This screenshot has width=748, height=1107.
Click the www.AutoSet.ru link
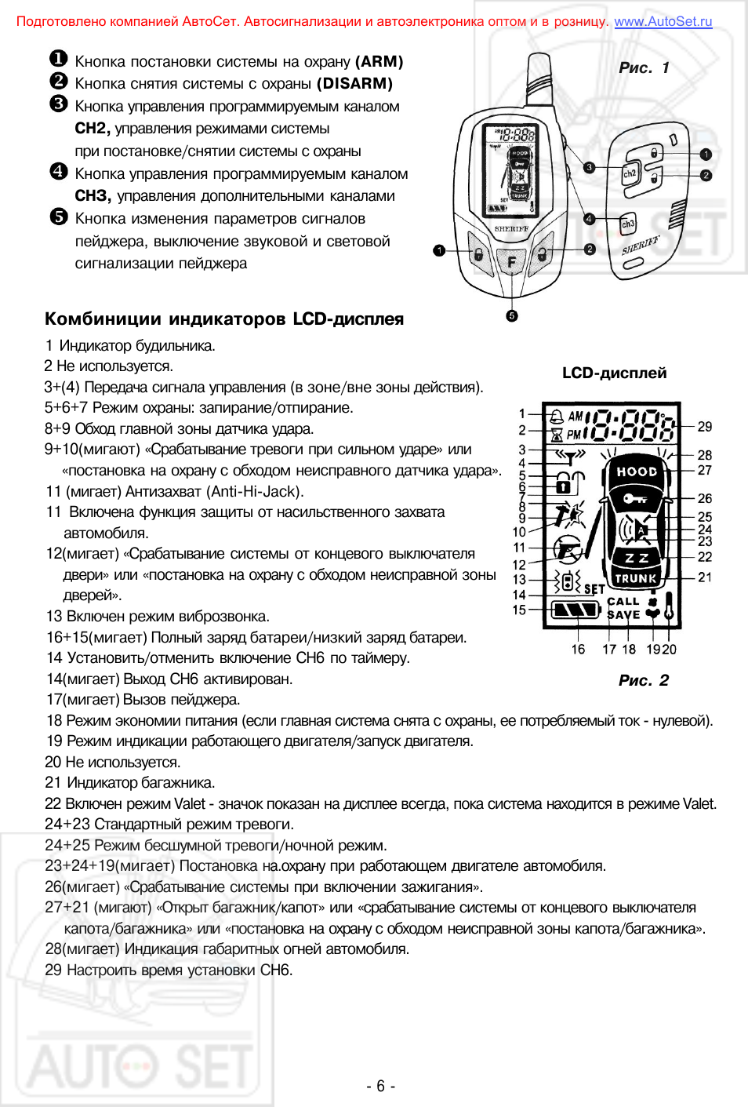663,21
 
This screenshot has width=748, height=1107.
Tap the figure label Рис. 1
644,68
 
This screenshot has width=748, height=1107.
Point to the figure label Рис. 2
643,680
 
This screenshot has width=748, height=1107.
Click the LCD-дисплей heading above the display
614,373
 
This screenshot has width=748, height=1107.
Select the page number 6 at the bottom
380,1086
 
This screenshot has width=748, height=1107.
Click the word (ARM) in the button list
379,61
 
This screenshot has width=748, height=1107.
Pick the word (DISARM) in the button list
354,83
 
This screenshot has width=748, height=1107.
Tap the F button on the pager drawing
512,262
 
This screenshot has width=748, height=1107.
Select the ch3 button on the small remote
628,224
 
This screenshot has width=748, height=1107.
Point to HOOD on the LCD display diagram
637,472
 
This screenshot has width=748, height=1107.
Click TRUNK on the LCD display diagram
636,578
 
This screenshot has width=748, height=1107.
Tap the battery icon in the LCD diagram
576,610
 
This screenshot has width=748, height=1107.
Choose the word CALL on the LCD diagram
623,602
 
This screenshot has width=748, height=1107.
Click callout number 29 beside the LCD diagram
705,427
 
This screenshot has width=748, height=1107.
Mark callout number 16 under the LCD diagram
578,649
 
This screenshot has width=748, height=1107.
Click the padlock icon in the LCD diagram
570,482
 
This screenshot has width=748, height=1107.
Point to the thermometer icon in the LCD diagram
669,606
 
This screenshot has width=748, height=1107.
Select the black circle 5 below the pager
512,315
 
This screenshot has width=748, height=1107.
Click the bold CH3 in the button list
93,196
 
